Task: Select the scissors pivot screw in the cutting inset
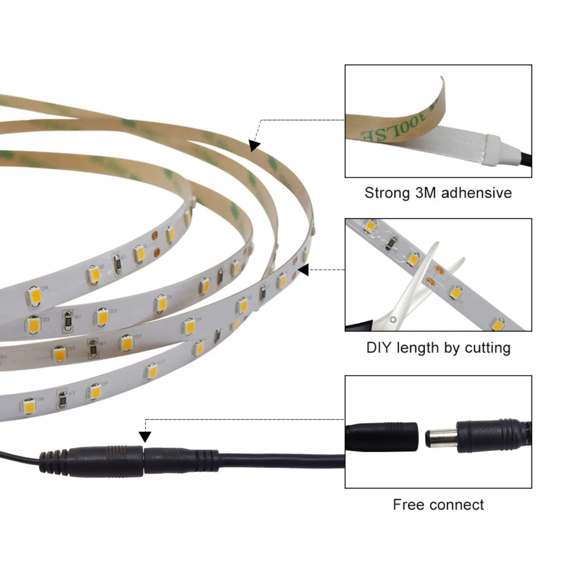(393, 320)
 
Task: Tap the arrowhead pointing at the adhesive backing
(254, 145)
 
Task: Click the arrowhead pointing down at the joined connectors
(145, 436)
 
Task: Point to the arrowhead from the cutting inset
(304, 270)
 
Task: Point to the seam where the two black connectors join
(144, 461)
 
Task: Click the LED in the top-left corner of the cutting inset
(370, 226)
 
